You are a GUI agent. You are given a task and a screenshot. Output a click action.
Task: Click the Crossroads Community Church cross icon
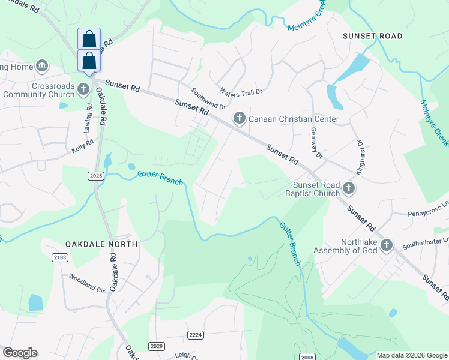tap(83, 90)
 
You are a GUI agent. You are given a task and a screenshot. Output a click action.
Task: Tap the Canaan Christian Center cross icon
tap(239, 118)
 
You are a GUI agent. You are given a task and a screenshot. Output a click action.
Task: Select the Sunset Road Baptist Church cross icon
tap(348, 190)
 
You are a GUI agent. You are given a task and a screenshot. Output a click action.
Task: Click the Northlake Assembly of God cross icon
tap(386, 245)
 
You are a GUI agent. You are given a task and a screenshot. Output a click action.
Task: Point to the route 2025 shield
tap(95, 176)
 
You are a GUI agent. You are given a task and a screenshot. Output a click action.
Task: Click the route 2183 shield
tap(60, 257)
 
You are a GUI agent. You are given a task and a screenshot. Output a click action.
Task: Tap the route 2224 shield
tap(195, 334)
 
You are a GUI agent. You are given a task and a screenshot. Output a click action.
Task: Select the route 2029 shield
tap(157, 346)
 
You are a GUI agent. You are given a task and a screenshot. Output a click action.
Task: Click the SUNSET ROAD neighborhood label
tap(372, 36)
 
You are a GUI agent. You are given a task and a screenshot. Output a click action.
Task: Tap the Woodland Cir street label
tap(86, 281)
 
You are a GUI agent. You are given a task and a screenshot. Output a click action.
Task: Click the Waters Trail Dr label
tap(241, 92)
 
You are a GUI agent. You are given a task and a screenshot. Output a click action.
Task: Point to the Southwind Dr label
tap(208, 99)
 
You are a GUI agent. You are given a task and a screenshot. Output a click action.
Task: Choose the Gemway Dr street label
tap(316, 143)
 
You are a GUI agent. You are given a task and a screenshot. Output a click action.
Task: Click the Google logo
tap(20, 353)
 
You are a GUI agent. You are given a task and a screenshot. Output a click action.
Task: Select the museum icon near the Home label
tap(42, 65)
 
